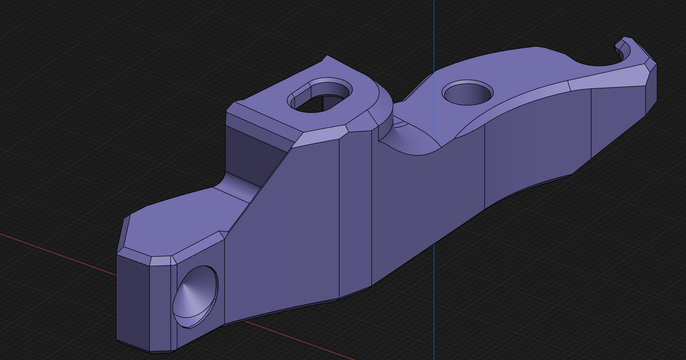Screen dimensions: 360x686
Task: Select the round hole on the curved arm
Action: pos(468,92)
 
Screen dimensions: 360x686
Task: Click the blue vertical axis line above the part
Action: pos(433,29)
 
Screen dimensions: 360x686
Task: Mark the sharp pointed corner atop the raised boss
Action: pos(326,57)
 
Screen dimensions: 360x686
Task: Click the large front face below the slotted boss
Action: pos(286,229)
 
